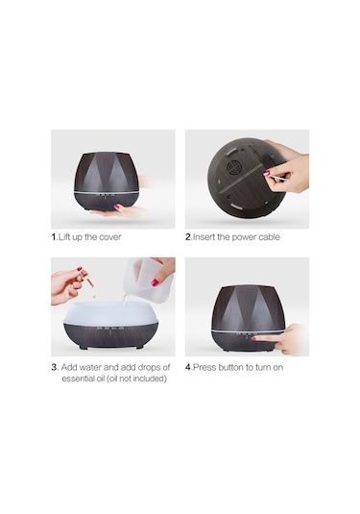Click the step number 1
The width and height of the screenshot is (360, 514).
tap(54, 237)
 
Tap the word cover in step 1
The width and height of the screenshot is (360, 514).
tap(110, 237)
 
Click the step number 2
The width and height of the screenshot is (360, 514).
tap(188, 237)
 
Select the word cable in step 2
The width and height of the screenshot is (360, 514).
tap(269, 237)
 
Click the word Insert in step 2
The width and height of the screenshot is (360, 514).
tap(204, 237)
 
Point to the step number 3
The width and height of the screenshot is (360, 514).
tap(55, 367)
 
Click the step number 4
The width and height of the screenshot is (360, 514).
tap(188, 367)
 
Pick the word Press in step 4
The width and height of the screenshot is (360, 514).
tap(204, 367)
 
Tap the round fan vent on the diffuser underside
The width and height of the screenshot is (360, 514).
tap(233, 168)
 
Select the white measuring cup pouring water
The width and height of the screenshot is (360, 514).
tap(148, 278)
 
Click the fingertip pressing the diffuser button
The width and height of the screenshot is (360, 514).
tap(254, 338)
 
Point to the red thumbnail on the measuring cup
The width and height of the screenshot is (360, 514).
tap(155, 281)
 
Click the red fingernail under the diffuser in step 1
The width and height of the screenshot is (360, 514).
tap(117, 207)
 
